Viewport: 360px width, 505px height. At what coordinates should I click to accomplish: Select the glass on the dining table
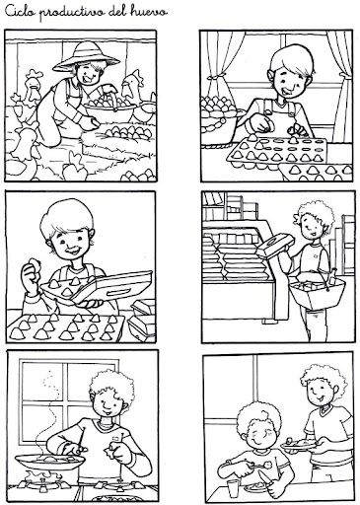tap(233, 487)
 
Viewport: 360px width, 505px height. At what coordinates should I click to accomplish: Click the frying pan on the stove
tap(49, 462)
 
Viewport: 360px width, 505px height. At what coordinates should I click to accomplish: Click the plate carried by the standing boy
tap(299, 445)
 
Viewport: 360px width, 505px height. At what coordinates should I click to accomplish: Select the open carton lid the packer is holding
tap(111, 286)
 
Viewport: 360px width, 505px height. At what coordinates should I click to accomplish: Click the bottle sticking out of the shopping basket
tap(332, 276)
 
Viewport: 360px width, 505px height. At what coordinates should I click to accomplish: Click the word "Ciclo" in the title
tap(21, 12)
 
